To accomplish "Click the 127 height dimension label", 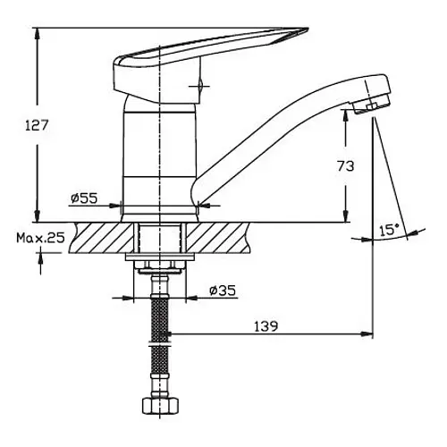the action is [x=36, y=125].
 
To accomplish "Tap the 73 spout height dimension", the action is [x=346, y=166].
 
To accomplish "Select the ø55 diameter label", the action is [x=84, y=198].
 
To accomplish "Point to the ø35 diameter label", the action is [x=223, y=290].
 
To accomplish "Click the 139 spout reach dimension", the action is [x=266, y=326].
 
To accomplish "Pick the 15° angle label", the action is [x=390, y=230].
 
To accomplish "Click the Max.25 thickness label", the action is [x=40, y=238].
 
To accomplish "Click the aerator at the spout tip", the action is [x=372, y=105].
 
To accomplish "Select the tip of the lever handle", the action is [x=308, y=29].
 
